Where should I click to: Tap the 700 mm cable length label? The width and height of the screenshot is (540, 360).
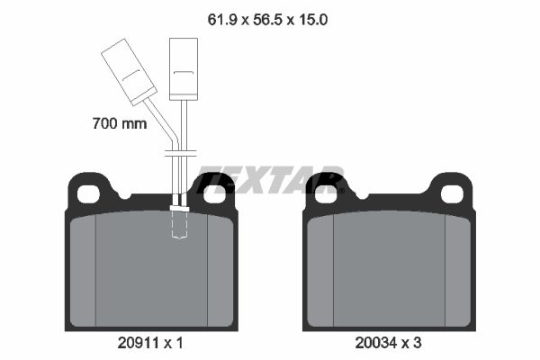pos(119,124)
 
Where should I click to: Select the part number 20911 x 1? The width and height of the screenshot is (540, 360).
pos(150,343)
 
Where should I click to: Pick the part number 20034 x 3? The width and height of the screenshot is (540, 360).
pos(388,343)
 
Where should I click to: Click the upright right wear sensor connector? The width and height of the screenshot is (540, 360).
pos(184,68)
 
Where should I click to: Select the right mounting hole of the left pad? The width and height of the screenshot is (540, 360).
pos(213,193)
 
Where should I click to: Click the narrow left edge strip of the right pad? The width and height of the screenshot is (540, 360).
pos(320,270)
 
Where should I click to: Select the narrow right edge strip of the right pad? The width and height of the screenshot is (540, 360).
pos(457,270)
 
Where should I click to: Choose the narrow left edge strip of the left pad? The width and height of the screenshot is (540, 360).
pos(82,270)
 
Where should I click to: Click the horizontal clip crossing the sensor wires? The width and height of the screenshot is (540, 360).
pos(180,154)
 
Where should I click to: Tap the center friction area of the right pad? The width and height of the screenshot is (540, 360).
pos(389,270)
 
